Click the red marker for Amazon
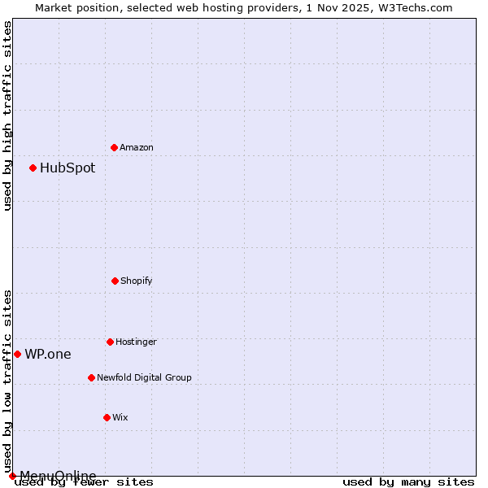point(114,147)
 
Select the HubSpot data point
point(33,168)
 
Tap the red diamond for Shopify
point(115,281)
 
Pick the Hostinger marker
point(110,342)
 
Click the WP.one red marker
point(17,354)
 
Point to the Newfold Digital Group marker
point(91,377)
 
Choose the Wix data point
point(107,417)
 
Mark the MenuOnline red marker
point(12,476)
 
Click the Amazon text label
point(137,148)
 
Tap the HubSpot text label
point(68,168)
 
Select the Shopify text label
point(137,281)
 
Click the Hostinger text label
point(136,342)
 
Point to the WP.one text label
point(48,355)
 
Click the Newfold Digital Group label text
point(144,378)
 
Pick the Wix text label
point(120,418)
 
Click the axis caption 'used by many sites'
point(408,482)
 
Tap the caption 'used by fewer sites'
point(85,482)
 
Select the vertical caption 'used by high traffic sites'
point(7,115)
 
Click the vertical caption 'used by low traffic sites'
point(7,381)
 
